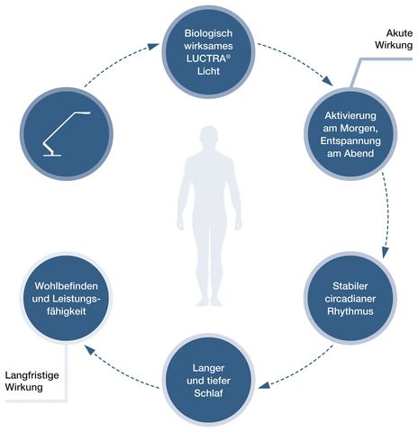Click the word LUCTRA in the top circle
tap(206, 58)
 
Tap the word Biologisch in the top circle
tap(208, 33)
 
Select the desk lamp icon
tap(67, 134)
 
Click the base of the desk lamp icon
tap(52, 155)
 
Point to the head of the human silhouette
tap(209, 138)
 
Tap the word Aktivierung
tap(350, 115)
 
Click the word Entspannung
tap(350, 141)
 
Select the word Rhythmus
tap(350, 311)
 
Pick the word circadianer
tap(350, 299)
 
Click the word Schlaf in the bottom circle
tap(208, 393)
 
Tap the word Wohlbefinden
tap(67, 286)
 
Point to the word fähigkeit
tap(67, 311)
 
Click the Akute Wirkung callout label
tap(394, 39)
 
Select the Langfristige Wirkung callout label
tap(32, 381)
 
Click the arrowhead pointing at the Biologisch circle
tap(154, 47)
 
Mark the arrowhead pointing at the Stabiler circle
tap(386, 252)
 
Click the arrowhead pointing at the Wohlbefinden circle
tap(90, 350)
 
